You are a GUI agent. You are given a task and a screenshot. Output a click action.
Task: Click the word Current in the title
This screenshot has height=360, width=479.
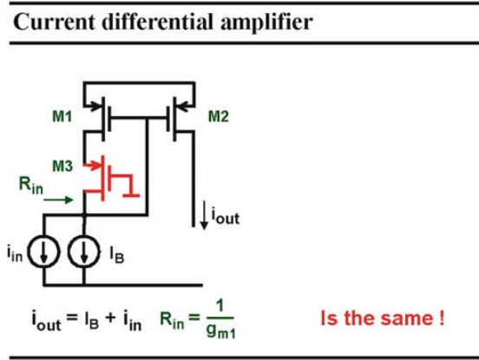pyautogui.click(x=54, y=22)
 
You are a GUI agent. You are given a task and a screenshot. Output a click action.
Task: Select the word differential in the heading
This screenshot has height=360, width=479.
pyautogui.click(x=157, y=22)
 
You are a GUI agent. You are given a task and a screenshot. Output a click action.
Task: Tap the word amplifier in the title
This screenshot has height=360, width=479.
pyautogui.click(x=266, y=23)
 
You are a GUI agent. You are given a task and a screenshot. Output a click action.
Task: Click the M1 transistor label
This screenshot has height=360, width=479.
pyautogui.click(x=62, y=116)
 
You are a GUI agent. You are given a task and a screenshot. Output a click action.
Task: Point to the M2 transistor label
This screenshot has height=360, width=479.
pyautogui.click(x=218, y=116)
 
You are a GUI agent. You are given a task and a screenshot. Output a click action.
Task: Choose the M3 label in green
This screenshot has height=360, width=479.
pyautogui.click(x=62, y=166)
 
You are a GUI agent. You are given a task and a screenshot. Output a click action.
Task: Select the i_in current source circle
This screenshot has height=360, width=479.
pyautogui.click(x=43, y=252)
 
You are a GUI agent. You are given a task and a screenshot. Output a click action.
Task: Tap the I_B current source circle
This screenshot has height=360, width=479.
pyautogui.click(x=84, y=252)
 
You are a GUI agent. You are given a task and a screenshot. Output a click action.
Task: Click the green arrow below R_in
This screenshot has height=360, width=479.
pyautogui.click(x=58, y=200)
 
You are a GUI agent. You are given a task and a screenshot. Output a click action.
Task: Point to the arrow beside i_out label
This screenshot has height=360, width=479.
pyautogui.click(x=204, y=215)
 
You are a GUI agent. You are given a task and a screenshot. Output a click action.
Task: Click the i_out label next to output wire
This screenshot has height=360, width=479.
pyautogui.click(x=226, y=216)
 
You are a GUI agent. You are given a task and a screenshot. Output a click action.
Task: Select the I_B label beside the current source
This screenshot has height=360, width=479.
pyautogui.click(x=116, y=255)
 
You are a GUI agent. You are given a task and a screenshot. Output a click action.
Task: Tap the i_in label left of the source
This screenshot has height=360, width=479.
pyautogui.click(x=15, y=253)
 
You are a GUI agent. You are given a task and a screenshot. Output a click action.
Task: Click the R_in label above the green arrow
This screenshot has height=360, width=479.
pyautogui.click(x=31, y=186)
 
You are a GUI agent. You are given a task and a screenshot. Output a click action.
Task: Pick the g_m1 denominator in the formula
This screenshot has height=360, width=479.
pyautogui.click(x=221, y=331)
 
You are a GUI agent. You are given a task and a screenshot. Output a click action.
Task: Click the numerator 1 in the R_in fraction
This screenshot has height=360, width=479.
pyautogui.click(x=220, y=306)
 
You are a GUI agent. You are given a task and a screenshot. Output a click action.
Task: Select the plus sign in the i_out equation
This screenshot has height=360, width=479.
pyautogui.click(x=110, y=317)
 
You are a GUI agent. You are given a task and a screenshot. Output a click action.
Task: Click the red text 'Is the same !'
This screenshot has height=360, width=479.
pyautogui.click(x=383, y=317)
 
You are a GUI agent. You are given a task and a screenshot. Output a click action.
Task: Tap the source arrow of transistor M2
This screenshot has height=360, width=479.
pyautogui.click(x=186, y=107)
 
